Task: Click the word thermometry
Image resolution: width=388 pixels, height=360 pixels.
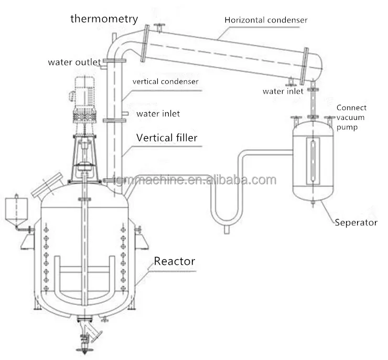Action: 104,19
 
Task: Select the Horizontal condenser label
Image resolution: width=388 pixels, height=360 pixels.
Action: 266,20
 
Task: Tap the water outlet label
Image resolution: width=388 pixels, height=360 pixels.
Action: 74,62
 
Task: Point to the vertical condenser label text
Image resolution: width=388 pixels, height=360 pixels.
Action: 165,82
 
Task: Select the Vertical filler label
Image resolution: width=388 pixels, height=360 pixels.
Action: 167,138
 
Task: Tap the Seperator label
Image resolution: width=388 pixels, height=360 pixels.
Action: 356,222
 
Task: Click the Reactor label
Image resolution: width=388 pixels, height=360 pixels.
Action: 174,261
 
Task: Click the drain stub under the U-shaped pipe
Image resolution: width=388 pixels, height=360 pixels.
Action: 226,229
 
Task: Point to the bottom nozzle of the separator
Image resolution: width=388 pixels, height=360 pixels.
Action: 314,203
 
